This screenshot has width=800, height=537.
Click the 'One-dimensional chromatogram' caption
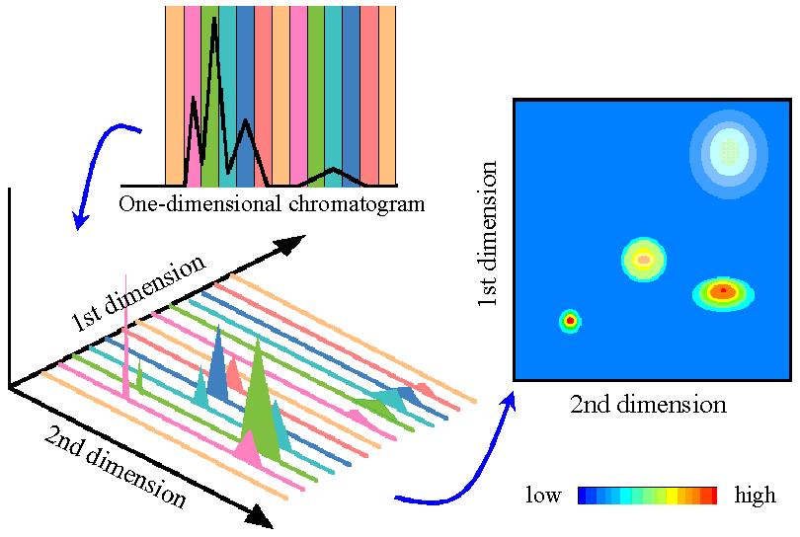272,204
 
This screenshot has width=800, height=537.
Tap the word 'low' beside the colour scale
544,496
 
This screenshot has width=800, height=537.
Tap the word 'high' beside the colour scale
756,496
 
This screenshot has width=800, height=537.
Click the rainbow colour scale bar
648,496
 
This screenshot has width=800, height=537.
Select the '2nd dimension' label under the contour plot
649,405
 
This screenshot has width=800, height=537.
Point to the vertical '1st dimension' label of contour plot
487,234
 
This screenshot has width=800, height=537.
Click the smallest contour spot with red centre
570,321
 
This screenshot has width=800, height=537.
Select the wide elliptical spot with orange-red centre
723,293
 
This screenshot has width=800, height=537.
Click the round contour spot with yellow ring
644,260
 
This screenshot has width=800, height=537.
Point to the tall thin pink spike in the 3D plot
125,337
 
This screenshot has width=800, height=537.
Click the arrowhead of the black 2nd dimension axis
260,516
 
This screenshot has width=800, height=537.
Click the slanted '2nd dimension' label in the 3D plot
115,466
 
